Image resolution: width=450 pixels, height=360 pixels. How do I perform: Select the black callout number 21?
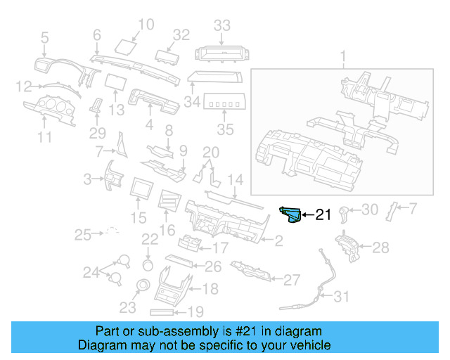point(323,215)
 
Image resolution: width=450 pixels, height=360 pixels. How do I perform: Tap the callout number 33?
point(222,26)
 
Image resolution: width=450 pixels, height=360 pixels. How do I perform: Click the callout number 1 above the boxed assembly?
point(344,56)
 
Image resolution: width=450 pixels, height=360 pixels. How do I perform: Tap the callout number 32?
point(181,34)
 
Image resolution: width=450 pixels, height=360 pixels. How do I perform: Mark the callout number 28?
point(380,247)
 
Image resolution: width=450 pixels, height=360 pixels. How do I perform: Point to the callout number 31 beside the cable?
point(340,297)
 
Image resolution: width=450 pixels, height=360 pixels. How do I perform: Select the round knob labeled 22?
point(148,265)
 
